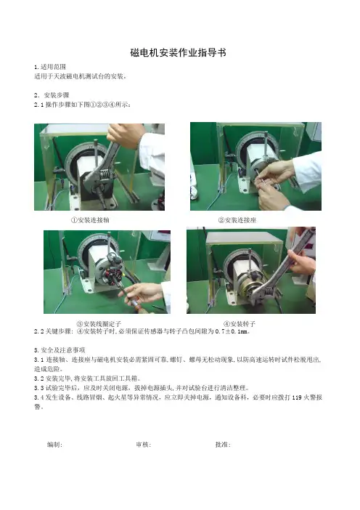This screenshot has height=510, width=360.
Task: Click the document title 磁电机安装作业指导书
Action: tap(178, 52)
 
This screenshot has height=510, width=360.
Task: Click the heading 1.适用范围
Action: tap(50, 67)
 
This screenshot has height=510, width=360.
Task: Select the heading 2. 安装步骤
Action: tap(52, 95)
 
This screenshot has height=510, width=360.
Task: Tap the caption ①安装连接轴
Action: tap(90, 220)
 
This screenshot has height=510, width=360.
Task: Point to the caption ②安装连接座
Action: tap(237, 220)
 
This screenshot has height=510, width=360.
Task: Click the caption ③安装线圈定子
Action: tap(99, 324)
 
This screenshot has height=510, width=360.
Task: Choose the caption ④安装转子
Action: tap(240, 324)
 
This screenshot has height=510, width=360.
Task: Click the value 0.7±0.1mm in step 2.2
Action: tap(232, 331)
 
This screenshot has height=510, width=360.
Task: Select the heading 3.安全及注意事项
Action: tap(60, 350)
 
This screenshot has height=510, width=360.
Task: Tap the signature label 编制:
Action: tap(54, 445)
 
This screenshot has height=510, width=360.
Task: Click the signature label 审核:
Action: tap(143, 445)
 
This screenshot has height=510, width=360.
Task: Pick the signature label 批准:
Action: tap(223, 445)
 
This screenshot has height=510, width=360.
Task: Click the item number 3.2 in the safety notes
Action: tap(39, 379)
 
